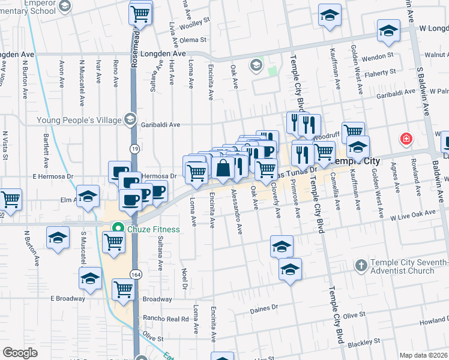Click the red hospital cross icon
(x=407, y=139)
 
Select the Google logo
(x=20, y=353)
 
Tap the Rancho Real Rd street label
(x=164, y=319)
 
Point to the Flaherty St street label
(x=381, y=72)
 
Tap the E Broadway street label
(x=67, y=298)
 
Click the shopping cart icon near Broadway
(x=124, y=289)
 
